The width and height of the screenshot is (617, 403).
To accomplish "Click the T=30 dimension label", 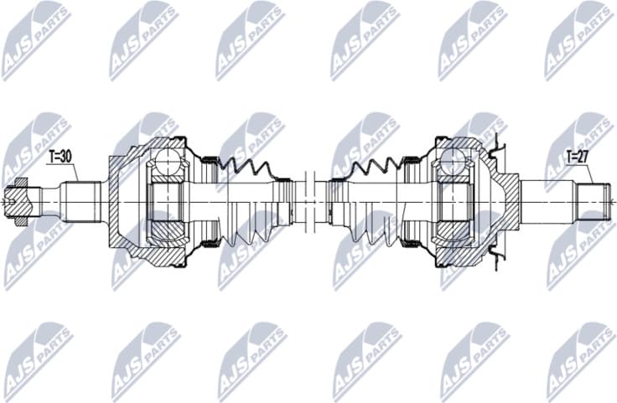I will coord(60,155).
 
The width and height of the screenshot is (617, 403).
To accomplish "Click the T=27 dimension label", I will coord(578,155).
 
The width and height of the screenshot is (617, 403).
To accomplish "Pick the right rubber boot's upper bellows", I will coord(373,167).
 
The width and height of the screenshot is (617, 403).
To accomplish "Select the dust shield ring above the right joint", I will coord(495,151).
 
